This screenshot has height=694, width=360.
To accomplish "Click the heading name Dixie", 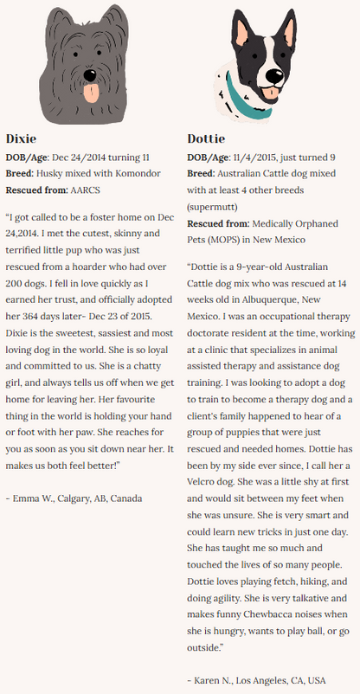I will pos(22,138).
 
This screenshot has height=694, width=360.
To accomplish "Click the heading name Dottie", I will pos(206,138).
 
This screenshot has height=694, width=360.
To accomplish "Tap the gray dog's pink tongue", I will pos(90,92).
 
